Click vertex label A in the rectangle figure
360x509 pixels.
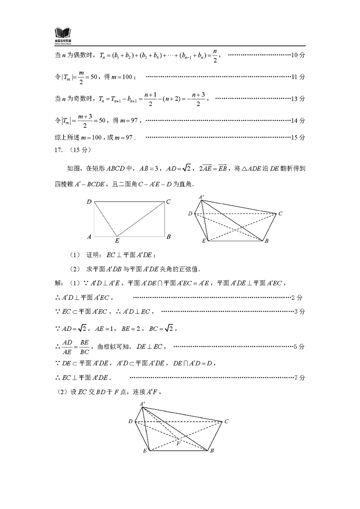pyautogui.click(x=89, y=236)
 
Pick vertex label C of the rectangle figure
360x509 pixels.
pyautogui.click(x=168, y=202)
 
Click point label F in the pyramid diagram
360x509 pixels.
pyautogui.click(x=178, y=443)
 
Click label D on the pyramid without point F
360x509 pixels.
pyautogui.click(x=190, y=213)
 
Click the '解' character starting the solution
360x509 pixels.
pyautogui.click(x=57, y=284)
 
